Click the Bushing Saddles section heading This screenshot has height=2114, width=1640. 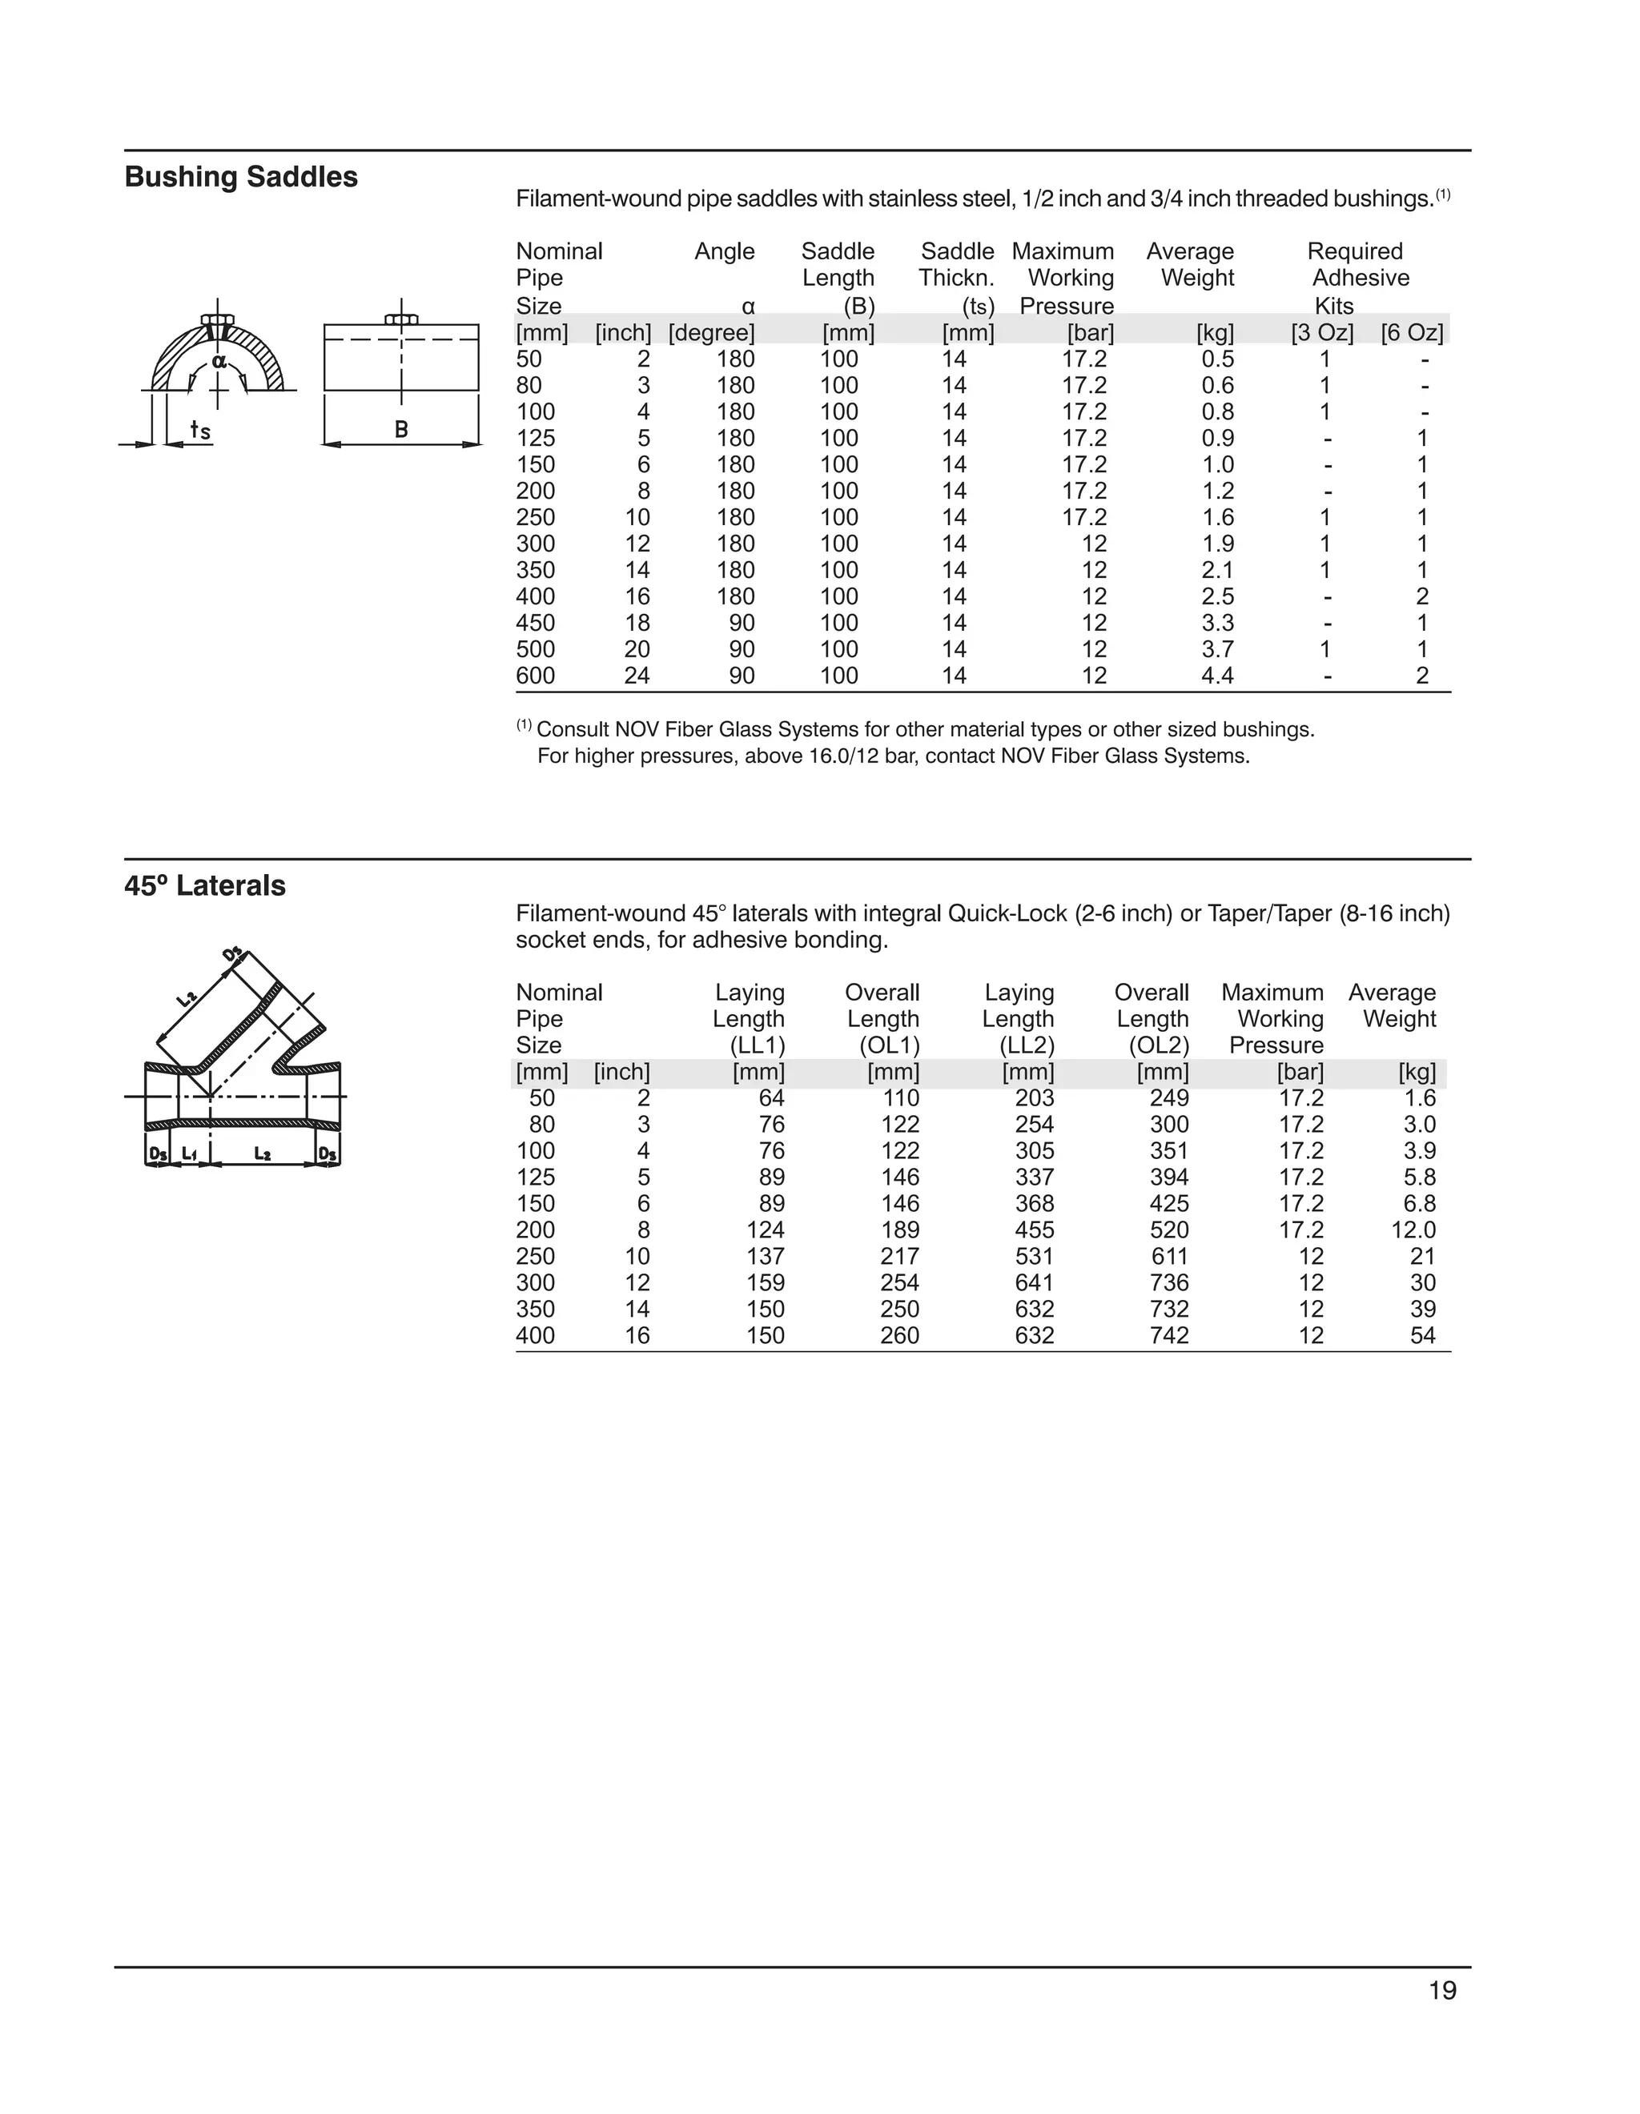[241, 177]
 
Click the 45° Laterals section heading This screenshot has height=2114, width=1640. [205, 885]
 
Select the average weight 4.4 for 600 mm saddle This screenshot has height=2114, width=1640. [1217, 676]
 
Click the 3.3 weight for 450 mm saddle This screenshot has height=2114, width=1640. [1217, 624]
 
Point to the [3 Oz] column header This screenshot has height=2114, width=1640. [1321, 333]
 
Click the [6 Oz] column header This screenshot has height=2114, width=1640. [1412, 333]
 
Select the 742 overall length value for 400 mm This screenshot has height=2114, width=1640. [1168, 1336]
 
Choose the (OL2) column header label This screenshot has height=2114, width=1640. [1158, 1045]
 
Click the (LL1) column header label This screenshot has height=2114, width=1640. [757, 1045]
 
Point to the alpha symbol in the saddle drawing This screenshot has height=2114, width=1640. [219, 361]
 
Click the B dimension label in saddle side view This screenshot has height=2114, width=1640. [401, 429]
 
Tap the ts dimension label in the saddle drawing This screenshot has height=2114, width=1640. [199, 429]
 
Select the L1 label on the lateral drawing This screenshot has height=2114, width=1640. [190, 1153]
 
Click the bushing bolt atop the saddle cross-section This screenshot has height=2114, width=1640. [217, 319]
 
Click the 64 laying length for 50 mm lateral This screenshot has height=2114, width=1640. [772, 1098]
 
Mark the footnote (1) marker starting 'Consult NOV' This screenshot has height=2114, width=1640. [524, 725]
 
